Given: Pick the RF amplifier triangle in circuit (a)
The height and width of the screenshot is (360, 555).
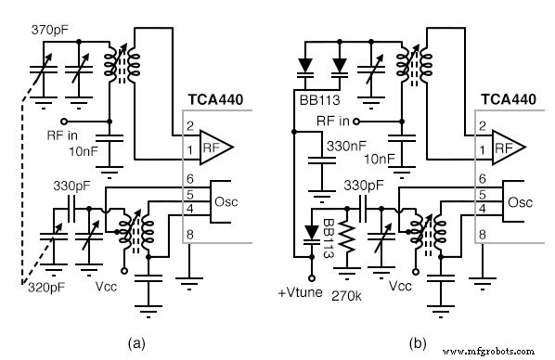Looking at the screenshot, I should (x=216, y=147).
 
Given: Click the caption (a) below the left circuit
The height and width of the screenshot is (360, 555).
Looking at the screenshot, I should (x=139, y=342).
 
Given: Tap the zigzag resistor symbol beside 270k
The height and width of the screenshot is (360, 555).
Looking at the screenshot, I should (x=347, y=238).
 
